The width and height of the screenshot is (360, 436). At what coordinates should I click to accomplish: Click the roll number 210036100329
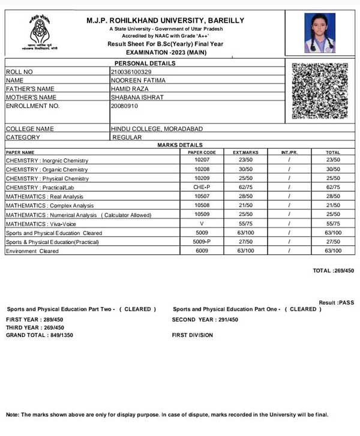pyautogui.click(x=135, y=72)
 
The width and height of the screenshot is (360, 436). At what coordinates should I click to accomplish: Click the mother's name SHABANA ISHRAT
pyautogui.click(x=137, y=97)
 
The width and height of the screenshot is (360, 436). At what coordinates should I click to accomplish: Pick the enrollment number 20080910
pyautogui.click(x=125, y=106)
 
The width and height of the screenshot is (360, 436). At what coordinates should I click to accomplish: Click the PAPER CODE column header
pyautogui.click(x=202, y=152)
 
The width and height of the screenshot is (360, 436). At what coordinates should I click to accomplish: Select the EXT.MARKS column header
pyautogui.click(x=245, y=152)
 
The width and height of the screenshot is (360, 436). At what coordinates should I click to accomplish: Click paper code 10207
pyautogui.click(x=202, y=160)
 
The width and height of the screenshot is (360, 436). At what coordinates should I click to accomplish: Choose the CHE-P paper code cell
pyautogui.click(x=202, y=187)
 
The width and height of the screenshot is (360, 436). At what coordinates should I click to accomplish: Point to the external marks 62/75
pyautogui.click(x=245, y=187)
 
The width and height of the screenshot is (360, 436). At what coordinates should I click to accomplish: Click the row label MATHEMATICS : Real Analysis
pyautogui.click(x=44, y=197)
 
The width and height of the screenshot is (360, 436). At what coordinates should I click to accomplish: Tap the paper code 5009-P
pyautogui.click(x=202, y=242)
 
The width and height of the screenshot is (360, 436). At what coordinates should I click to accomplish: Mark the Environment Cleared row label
pyautogui.click(x=32, y=251)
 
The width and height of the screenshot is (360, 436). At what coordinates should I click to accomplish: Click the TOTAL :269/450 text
pyautogui.click(x=334, y=271)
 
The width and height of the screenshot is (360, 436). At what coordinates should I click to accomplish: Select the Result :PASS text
pyautogui.click(x=337, y=303)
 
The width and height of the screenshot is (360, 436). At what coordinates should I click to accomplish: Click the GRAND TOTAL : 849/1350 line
pyautogui.click(x=40, y=335)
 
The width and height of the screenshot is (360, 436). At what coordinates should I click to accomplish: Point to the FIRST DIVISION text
pyautogui.click(x=192, y=335)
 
